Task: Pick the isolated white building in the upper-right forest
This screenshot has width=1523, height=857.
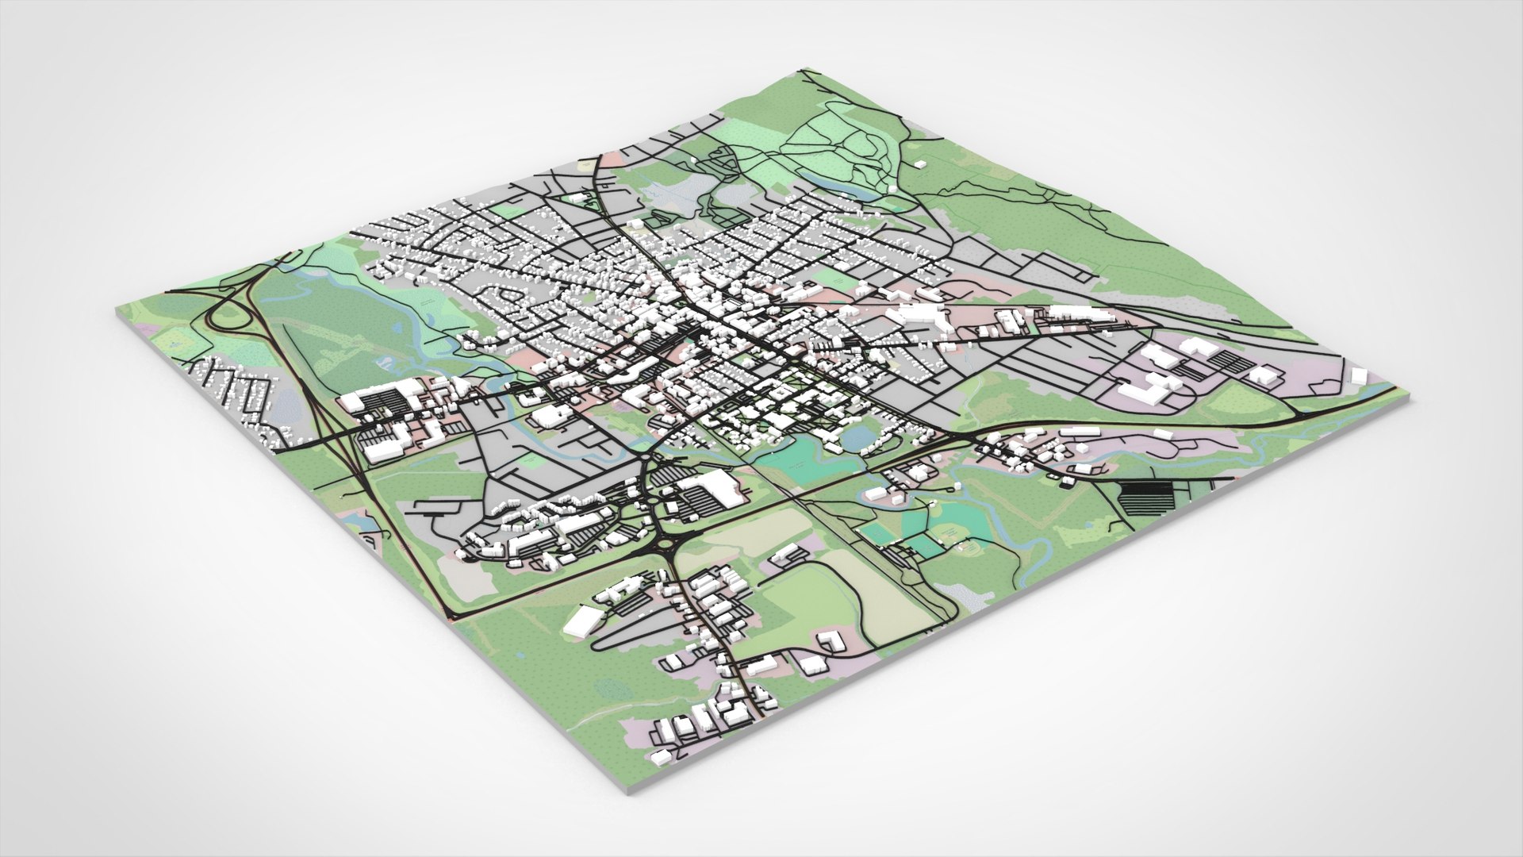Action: point(921,164)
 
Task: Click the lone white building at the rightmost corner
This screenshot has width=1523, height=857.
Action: point(1357,374)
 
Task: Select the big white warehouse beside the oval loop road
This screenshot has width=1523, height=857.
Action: point(583,620)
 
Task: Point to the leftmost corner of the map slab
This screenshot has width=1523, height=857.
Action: point(116,311)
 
